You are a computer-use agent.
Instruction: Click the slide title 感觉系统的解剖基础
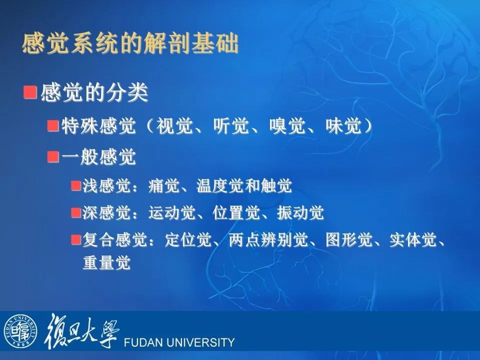[x=130, y=44]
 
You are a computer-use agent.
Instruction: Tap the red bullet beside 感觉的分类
[x=30, y=92]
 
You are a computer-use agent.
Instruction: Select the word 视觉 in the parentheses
[x=175, y=126]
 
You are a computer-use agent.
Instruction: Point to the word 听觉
[x=231, y=126]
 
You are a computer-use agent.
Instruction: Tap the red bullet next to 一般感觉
[x=53, y=156]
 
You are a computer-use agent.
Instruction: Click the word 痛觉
[x=164, y=185]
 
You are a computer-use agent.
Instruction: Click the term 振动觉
[x=300, y=213]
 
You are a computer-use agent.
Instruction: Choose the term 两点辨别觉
[x=268, y=239]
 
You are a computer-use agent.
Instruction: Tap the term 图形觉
[x=349, y=239]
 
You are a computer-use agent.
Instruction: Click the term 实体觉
[x=413, y=239]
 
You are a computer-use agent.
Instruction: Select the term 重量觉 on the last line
[x=107, y=262]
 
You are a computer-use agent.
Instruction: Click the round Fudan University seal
[x=20, y=331]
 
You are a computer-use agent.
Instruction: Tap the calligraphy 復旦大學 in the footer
[x=81, y=331]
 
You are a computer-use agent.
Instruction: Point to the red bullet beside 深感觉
[x=76, y=212]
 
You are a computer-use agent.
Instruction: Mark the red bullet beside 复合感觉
[x=76, y=239]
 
